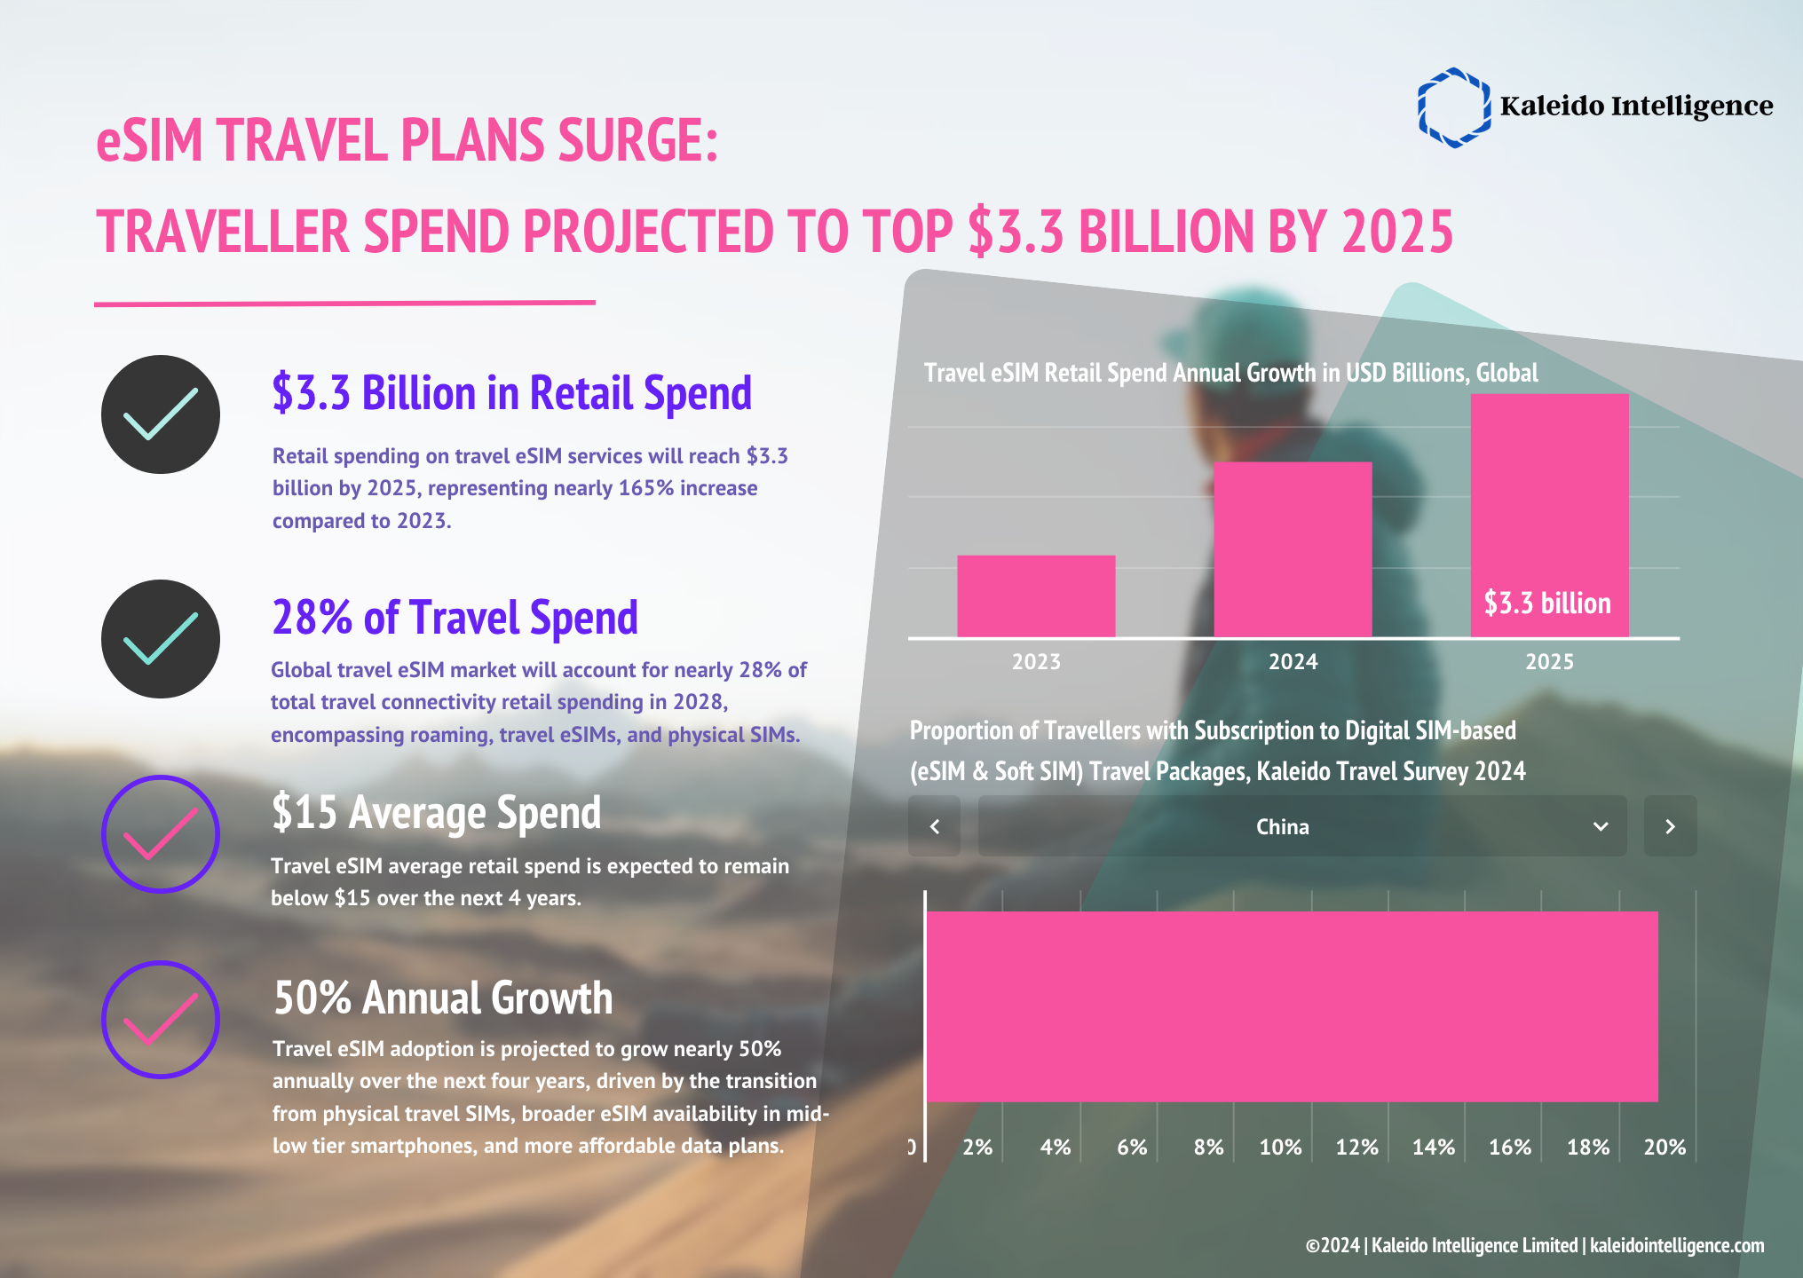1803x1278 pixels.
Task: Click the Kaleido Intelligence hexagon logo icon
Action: pos(1453,107)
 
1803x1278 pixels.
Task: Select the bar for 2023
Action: pos(1036,596)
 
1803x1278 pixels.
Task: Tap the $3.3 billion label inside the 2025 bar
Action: pos(1547,603)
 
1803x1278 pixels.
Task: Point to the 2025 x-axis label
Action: pos(1549,662)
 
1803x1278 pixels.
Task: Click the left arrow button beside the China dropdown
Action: pos(934,826)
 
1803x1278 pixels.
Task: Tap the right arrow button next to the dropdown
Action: pos(1670,826)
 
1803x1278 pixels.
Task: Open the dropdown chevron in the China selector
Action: pos(1601,826)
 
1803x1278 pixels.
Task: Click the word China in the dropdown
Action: pos(1282,827)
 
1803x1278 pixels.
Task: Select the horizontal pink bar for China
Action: pos(1292,1006)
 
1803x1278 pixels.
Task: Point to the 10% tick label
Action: pos(1280,1148)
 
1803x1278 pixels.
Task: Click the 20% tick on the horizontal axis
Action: pos(1665,1148)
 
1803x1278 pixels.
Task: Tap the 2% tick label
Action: pos(977,1148)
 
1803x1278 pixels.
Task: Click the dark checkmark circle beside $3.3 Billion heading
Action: pos(161,414)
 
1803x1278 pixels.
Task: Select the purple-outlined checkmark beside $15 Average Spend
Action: pos(161,834)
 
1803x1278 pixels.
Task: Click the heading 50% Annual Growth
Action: pos(443,998)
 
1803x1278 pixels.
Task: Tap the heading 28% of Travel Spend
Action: pos(455,618)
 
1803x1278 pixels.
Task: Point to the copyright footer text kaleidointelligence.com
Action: pos(1676,1245)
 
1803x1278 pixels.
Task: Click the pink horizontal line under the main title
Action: pos(344,304)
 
